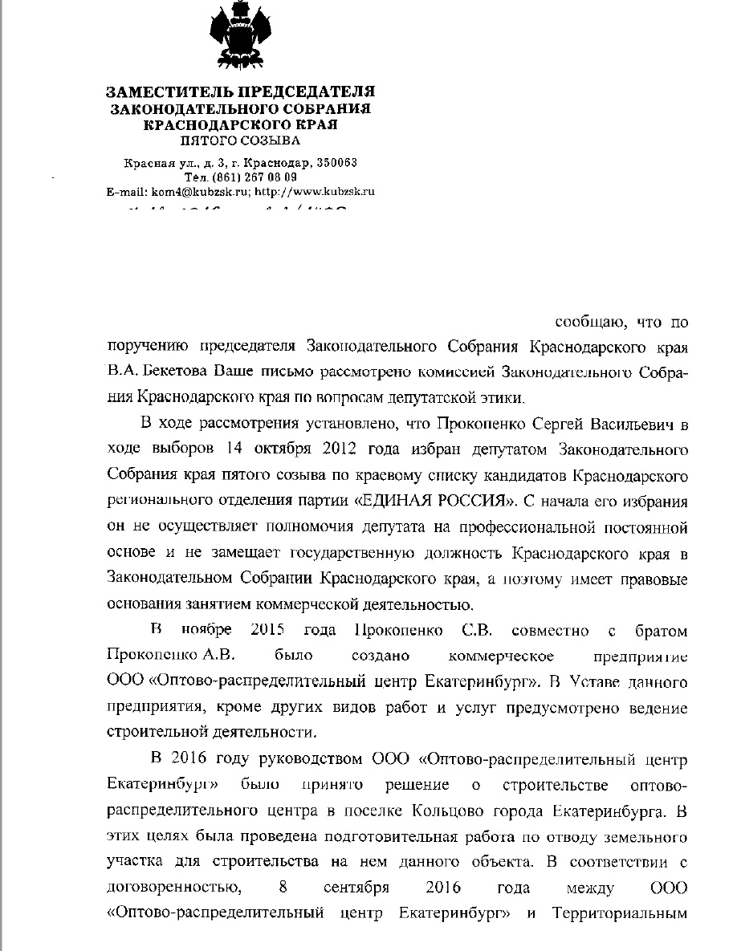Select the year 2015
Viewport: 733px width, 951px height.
(269, 632)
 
